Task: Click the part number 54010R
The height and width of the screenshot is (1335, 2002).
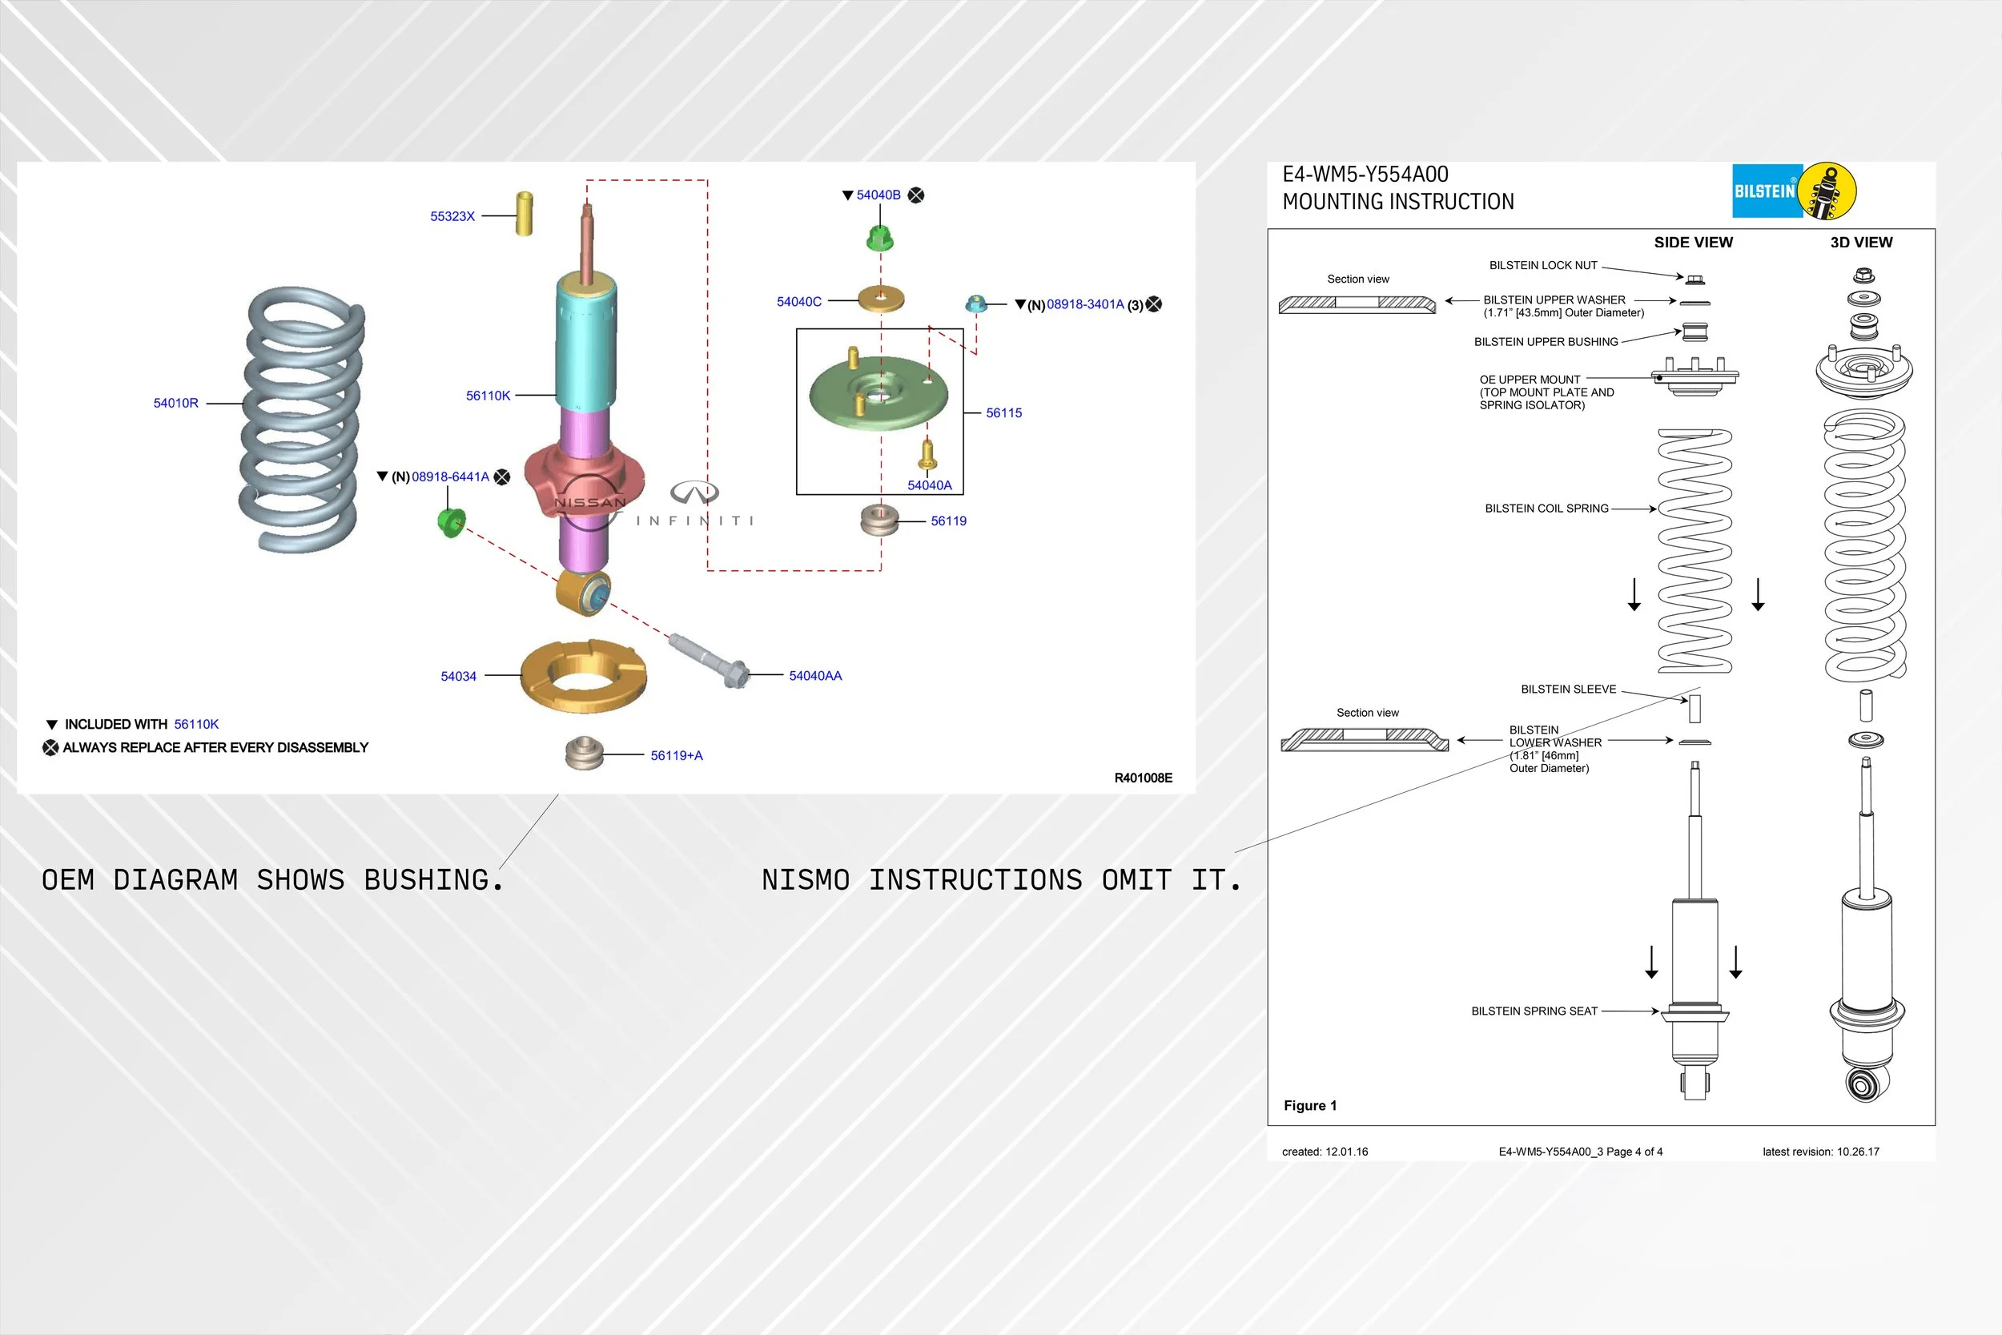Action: [175, 403]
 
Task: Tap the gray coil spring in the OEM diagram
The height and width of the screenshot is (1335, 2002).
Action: [302, 419]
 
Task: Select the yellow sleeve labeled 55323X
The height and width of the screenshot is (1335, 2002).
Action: [525, 214]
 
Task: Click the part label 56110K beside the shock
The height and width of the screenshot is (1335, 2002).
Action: [488, 396]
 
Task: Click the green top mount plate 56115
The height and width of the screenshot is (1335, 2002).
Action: [878, 393]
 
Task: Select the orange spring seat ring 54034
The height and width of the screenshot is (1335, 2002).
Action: [583, 677]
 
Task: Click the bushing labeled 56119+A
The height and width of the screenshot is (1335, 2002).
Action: [584, 754]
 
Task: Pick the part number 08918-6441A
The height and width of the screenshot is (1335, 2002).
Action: [450, 476]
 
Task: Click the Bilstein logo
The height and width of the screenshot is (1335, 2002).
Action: [1795, 191]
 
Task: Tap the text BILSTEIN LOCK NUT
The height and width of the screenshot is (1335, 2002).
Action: [1543, 266]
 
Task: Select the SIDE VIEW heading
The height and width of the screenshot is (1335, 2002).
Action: [1693, 243]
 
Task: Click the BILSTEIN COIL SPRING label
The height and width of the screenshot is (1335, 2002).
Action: [1546, 509]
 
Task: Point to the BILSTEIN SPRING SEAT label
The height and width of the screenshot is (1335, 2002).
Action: [1534, 1011]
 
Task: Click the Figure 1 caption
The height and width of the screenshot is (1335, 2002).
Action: [1310, 1106]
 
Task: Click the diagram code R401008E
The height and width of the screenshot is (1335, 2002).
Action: [1144, 778]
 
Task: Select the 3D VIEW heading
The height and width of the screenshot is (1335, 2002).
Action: [1862, 243]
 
